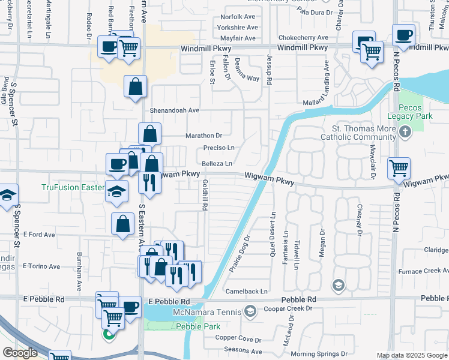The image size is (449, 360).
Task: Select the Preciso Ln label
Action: (x=218, y=148)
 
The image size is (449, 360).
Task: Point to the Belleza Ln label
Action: (x=217, y=163)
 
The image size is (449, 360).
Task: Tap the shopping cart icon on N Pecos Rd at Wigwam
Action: (x=399, y=169)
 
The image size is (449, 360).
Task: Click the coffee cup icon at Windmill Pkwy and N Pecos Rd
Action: (x=403, y=34)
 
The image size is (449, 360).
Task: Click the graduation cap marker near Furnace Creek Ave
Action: (x=339, y=284)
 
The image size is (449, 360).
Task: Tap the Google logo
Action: (x=19, y=353)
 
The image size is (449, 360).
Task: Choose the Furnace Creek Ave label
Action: (x=427, y=271)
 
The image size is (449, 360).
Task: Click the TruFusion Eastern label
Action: (x=72, y=187)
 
